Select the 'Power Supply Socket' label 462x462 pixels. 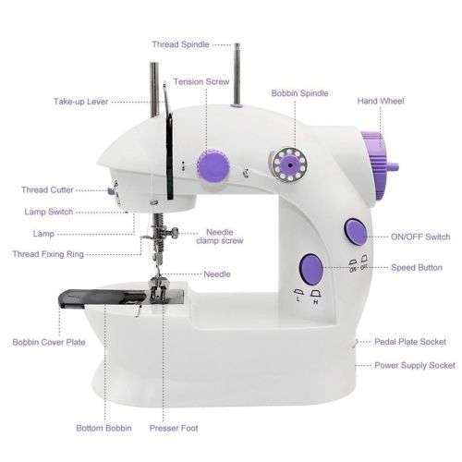[414, 365]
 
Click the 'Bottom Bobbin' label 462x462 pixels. [103, 429]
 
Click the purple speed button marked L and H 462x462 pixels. [310, 270]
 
